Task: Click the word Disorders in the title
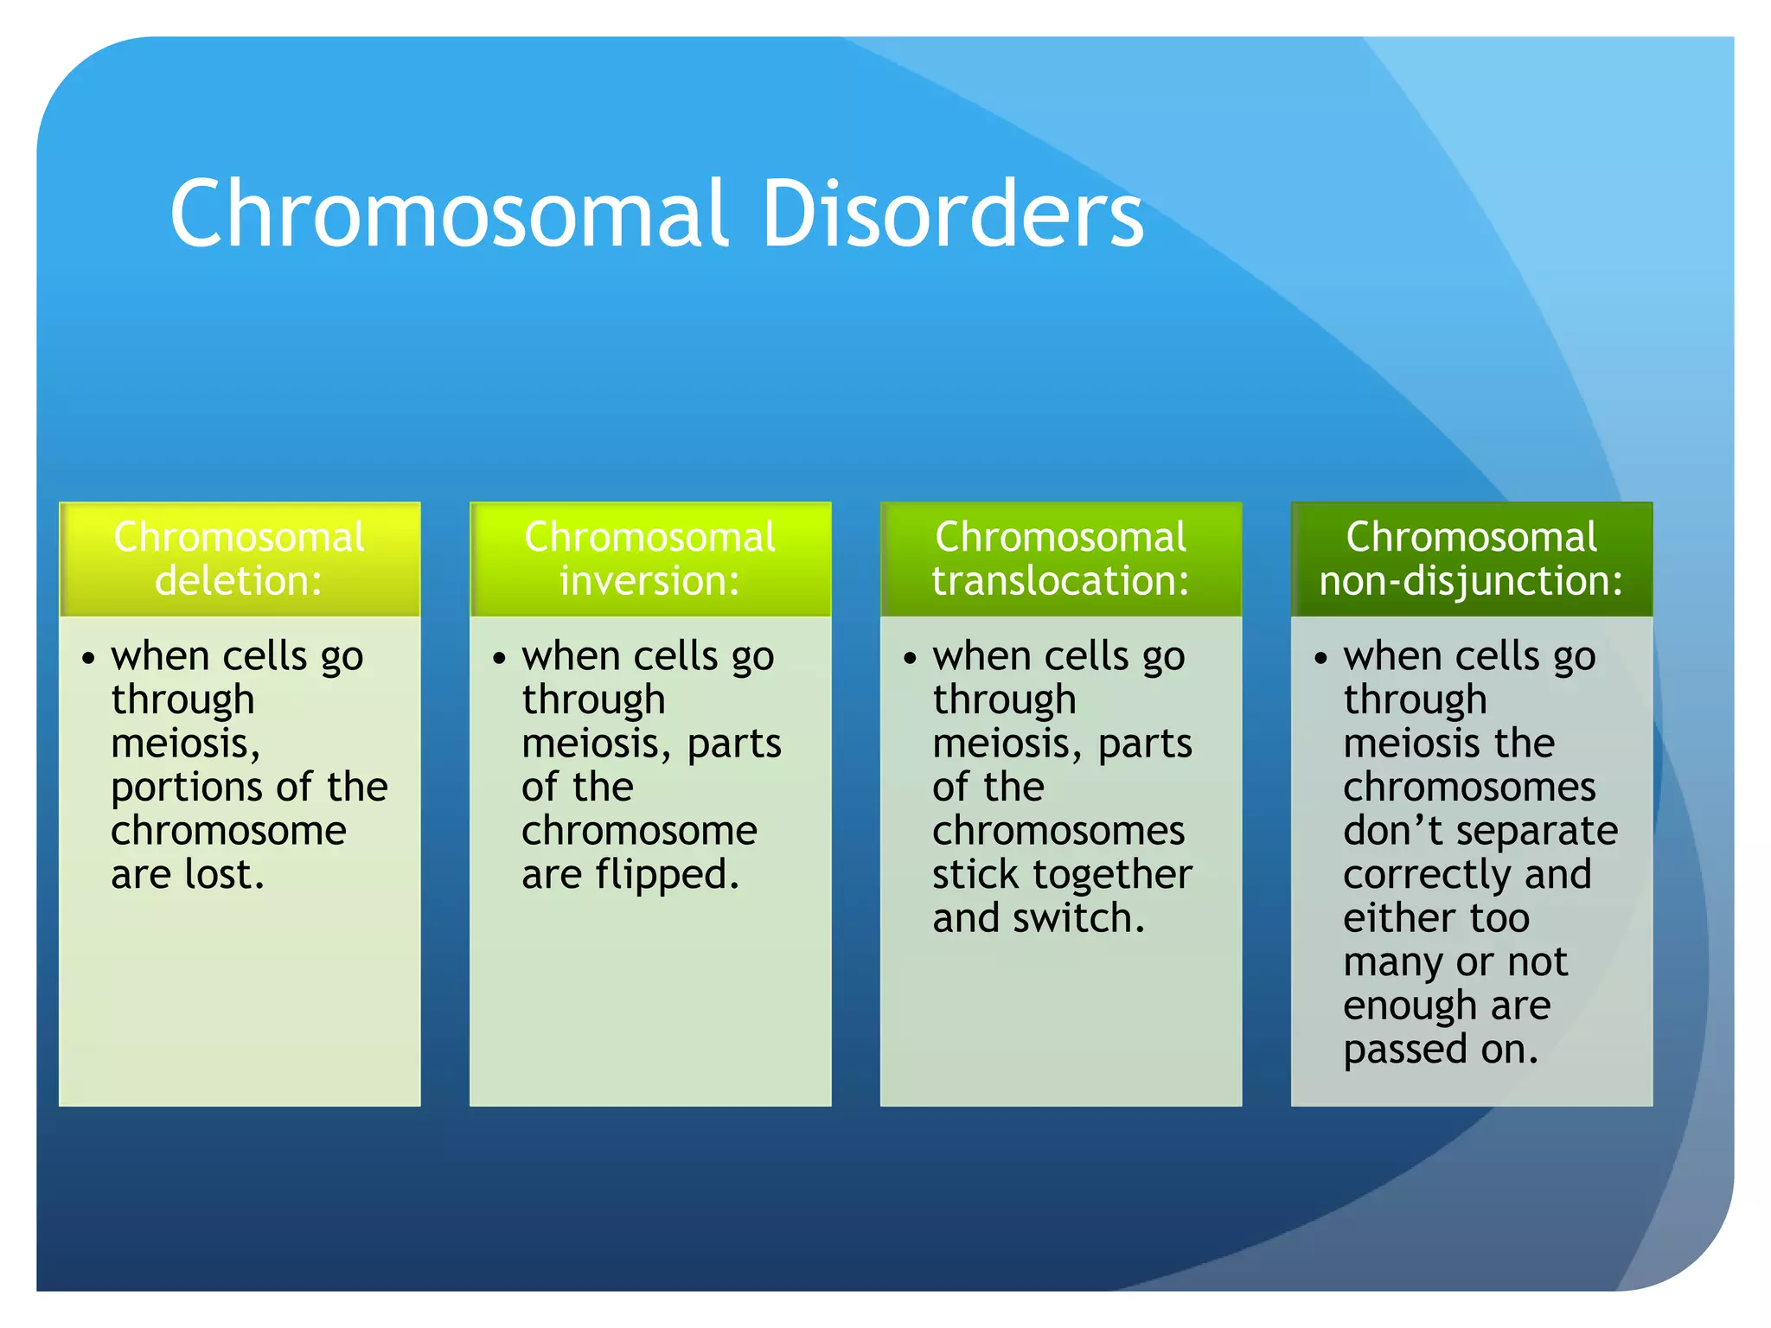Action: click(951, 213)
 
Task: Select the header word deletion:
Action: click(239, 580)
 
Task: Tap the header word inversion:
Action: click(649, 580)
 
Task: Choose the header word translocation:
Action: click(1060, 580)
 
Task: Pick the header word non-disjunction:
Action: click(1471, 580)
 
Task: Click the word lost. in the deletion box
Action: click(224, 874)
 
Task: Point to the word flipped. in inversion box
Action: click(667, 874)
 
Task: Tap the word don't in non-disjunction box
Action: click(1393, 831)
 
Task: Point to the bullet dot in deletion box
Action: click(88, 659)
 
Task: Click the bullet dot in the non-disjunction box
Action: click(1320, 659)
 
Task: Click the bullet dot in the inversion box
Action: click(499, 659)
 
